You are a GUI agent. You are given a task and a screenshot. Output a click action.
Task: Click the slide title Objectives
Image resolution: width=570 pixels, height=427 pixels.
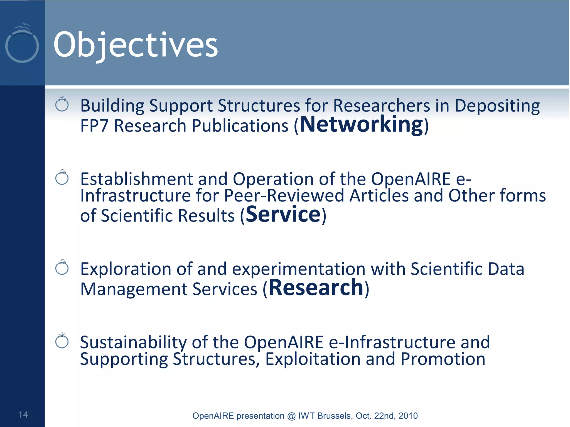[136, 45]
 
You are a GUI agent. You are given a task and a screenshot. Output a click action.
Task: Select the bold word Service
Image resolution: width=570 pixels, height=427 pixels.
[283, 214]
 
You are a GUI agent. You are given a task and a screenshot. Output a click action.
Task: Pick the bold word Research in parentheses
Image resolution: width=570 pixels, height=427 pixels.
[316, 288]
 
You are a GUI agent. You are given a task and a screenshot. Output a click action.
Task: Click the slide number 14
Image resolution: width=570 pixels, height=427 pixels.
[23, 414]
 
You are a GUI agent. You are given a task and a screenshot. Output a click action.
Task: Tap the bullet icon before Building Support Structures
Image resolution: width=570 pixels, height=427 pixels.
[62, 104]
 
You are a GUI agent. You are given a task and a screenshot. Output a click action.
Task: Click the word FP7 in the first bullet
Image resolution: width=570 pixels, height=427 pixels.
[94, 126]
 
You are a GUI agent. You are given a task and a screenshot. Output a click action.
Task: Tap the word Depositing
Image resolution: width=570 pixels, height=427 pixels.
[497, 106]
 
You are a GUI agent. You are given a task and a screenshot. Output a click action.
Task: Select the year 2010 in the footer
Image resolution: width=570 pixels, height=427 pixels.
[408, 416]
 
